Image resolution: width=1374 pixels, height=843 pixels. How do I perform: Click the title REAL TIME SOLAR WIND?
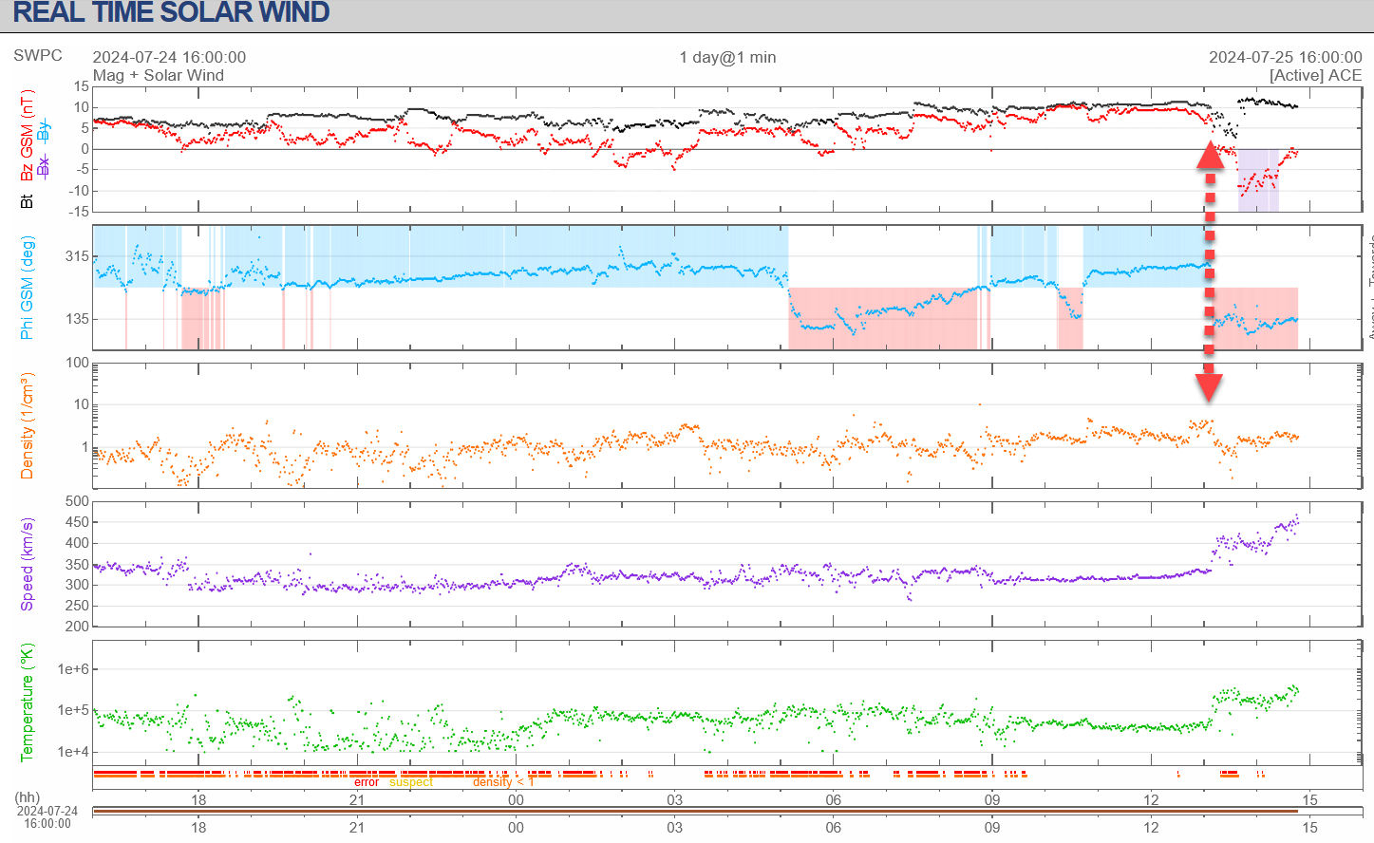click(x=171, y=13)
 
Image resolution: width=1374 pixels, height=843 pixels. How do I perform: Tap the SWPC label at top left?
click(x=38, y=55)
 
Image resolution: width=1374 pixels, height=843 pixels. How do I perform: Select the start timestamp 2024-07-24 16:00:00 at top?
click(x=169, y=57)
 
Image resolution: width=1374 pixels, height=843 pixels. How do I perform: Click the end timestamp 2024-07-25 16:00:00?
click(x=1285, y=57)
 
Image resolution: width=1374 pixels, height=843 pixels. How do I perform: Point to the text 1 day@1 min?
click(x=727, y=57)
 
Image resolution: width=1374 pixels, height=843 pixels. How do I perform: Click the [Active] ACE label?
click(x=1315, y=75)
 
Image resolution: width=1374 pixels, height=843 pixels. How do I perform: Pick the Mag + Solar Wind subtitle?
click(x=159, y=75)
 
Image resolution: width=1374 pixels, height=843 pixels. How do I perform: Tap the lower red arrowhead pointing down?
click(x=1209, y=385)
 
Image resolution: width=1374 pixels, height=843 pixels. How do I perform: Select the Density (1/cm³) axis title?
click(x=27, y=425)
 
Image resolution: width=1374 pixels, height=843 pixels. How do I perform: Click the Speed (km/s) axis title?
click(x=27, y=564)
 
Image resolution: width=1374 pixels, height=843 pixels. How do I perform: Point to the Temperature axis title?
click(x=27, y=702)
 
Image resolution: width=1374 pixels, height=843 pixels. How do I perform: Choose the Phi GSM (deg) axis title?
click(x=27, y=288)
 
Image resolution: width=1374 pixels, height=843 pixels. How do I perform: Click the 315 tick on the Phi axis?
click(x=77, y=256)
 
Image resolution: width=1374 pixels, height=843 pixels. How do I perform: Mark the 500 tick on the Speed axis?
click(x=77, y=501)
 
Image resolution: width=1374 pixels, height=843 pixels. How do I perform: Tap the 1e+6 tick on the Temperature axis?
click(x=73, y=669)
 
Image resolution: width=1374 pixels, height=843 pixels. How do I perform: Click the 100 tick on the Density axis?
click(x=77, y=363)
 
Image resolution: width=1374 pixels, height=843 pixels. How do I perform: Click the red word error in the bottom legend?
click(x=367, y=782)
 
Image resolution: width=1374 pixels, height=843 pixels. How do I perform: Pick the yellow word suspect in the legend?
click(x=411, y=782)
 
